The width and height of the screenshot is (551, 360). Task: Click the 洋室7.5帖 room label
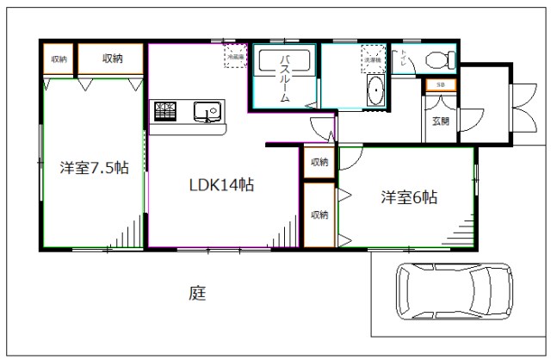[94, 168]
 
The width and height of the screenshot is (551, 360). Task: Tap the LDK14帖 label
[220, 183]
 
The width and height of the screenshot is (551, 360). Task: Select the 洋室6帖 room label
[410, 197]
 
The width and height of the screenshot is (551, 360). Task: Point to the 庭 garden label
[197, 293]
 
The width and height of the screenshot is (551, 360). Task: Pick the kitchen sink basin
[207, 111]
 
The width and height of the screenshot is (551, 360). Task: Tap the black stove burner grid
[165, 110]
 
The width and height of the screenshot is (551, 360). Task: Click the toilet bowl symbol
[440, 60]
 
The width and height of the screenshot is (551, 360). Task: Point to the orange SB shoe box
[440, 84]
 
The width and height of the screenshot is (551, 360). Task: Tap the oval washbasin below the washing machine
[376, 91]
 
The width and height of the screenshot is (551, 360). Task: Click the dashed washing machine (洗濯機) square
[373, 55]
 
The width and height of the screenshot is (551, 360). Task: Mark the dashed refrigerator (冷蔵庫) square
[236, 56]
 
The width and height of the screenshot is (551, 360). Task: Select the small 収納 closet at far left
[59, 59]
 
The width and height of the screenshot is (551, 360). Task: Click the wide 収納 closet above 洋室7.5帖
[112, 59]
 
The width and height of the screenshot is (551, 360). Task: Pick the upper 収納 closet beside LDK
[319, 162]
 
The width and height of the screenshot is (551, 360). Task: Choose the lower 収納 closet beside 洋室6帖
[319, 214]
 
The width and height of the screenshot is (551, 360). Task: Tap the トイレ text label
[407, 59]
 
